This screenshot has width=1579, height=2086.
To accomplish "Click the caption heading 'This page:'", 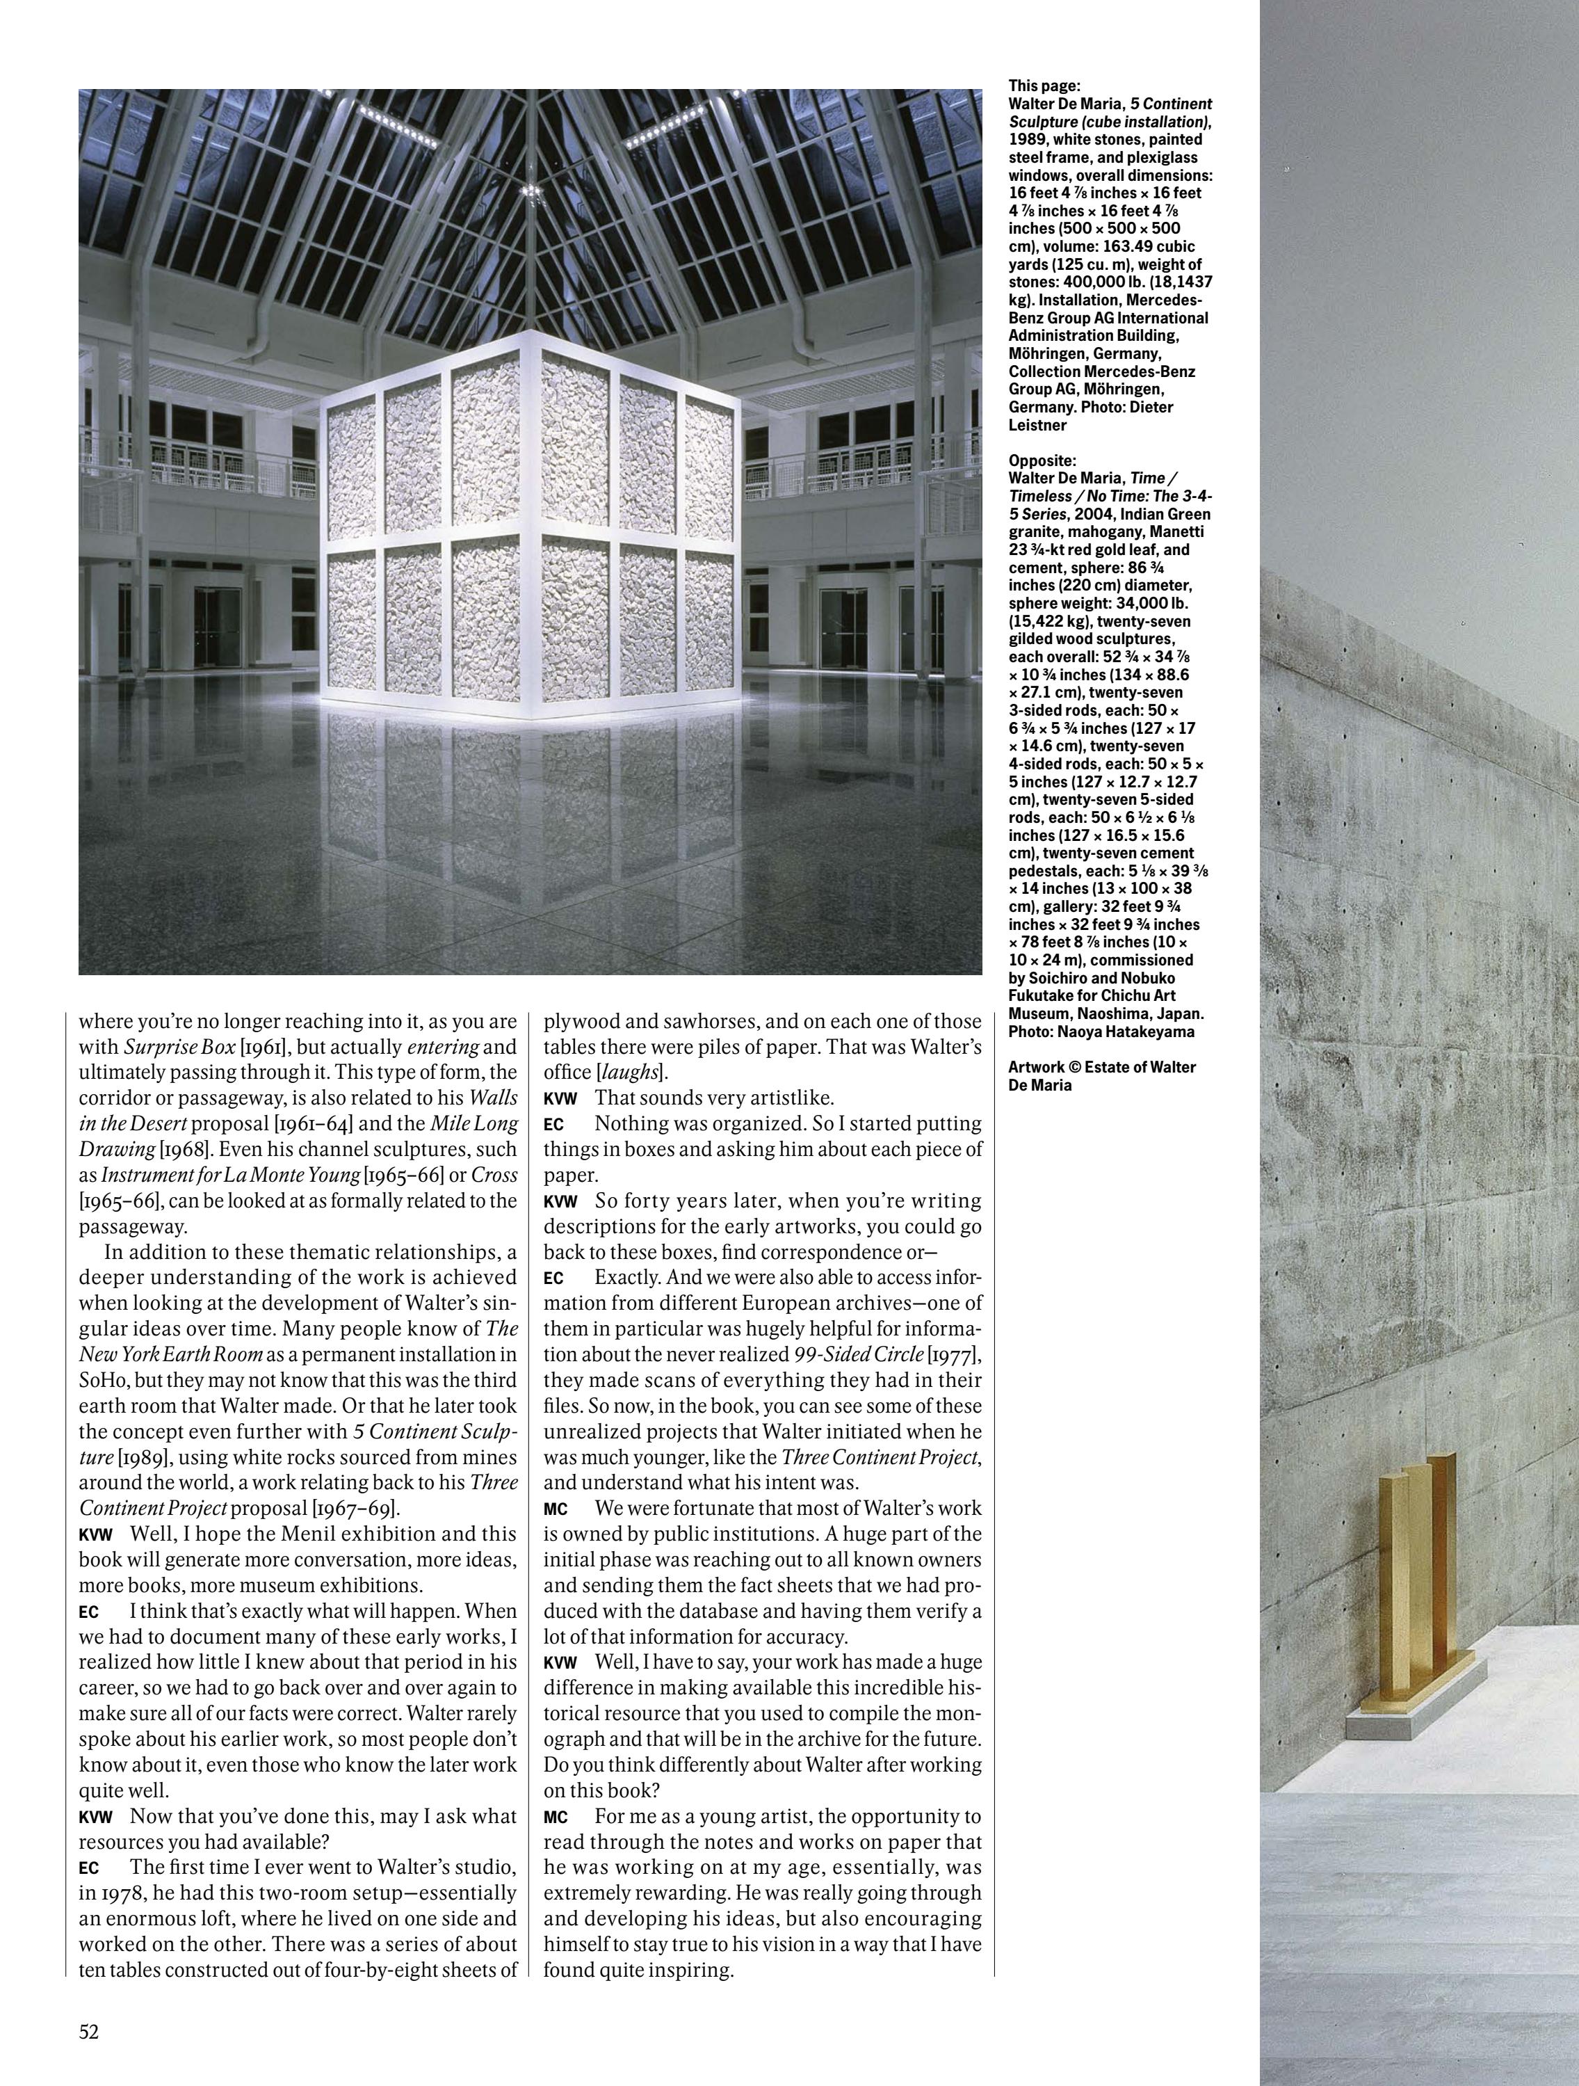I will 1044,86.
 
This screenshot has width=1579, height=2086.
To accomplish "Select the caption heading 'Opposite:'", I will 1042,460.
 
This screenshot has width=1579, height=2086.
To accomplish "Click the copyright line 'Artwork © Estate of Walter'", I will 1101,1066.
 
